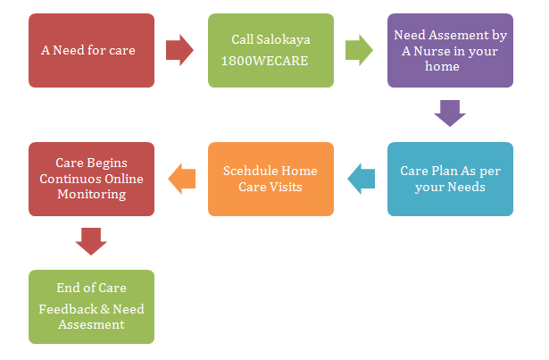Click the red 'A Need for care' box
pyautogui.click(x=91, y=50)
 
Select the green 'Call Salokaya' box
pyautogui.click(x=270, y=50)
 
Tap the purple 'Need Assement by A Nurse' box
pyautogui.click(x=450, y=50)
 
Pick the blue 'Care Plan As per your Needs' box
pyautogui.click(x=450, y=179)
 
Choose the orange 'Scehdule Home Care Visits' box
pyautogui.click(x=270, y=179)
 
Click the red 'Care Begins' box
pyautogui.click(x=91, y=179)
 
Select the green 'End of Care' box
pyautogui.click(x=91, y=306)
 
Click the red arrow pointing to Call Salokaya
pyautogui.click(x=180, y=50)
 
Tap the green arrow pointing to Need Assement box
pyautogui.click(x=360, y=50)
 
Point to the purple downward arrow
pyautogui.click(x=450, y=113)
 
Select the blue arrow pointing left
pyautogui.click(x=361, y=179)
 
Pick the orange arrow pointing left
pyautogui.click(x=182, y=179)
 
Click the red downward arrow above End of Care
pyautogui.click(x=91, y=241)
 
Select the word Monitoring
pyautogui.click(x=91, y=194)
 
